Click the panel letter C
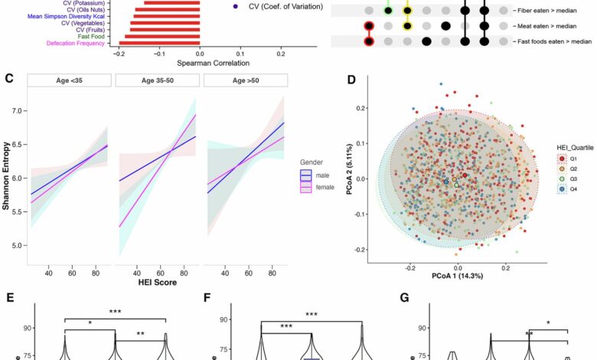[x=9, y=79]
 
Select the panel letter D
[x=351, y=79]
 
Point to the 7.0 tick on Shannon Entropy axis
[x=18, y=111]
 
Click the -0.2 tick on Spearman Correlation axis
[x=118, y=54]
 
